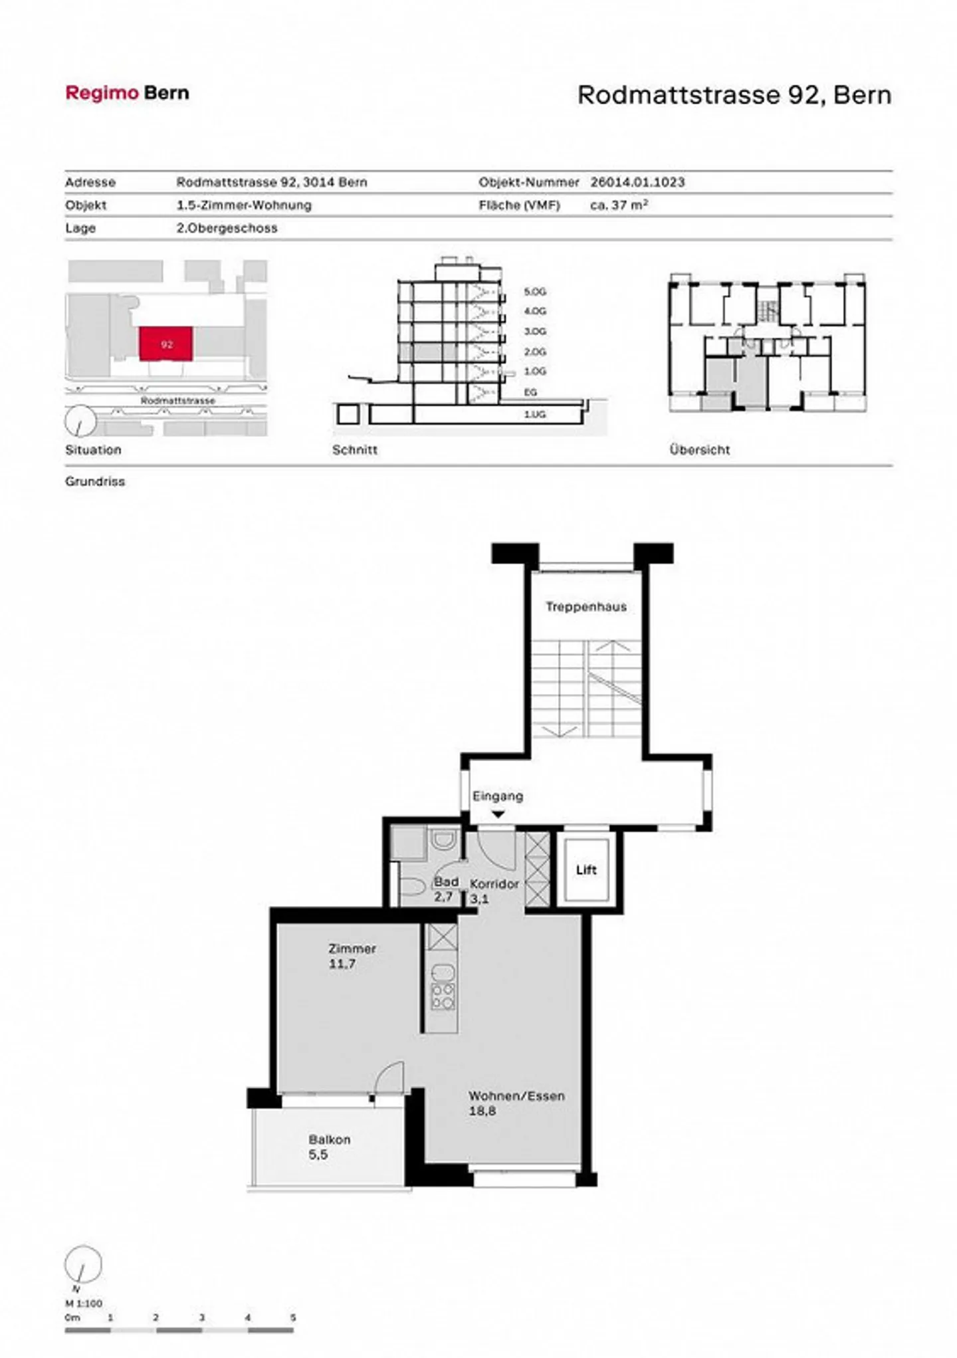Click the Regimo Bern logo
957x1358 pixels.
(127, 93)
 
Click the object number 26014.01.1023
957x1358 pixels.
(637, 182)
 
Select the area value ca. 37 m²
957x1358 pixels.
(619, 205)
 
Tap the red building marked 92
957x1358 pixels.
(166, 344)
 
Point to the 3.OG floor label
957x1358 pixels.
(535, 331)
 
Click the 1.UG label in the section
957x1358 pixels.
(535, 414)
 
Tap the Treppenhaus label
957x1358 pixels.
(586, 607)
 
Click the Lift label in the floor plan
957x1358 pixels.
(586, 870)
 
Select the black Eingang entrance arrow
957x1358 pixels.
(498, 814)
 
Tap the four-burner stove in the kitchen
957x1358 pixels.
(443, 996)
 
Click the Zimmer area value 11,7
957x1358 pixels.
(342, 964)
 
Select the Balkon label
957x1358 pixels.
(329, 1139)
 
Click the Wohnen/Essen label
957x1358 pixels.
(516, 1096)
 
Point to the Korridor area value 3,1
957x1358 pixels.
(479, 899)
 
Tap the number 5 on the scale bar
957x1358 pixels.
(292, 1317)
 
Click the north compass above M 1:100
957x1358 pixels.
(83, 1265)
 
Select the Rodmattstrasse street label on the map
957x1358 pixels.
(177, 401)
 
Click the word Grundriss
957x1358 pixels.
(95, 481)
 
